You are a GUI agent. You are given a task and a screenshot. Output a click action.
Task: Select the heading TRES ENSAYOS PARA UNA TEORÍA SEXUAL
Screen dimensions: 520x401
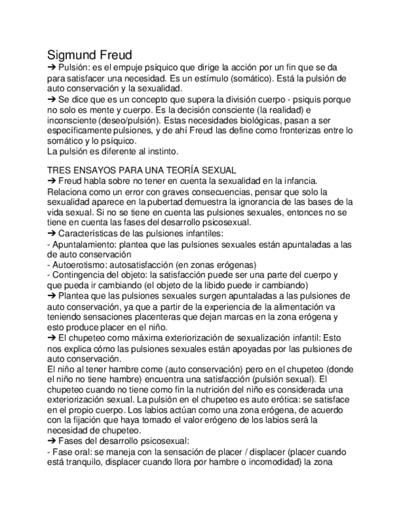tap(141, 169)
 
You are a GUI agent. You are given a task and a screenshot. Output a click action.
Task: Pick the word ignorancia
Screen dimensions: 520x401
tap(275, 201)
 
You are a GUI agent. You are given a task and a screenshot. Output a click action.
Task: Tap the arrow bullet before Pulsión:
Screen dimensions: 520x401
tap(51, 67)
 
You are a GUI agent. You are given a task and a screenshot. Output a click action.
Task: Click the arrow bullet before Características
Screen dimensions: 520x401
tap(51, 233)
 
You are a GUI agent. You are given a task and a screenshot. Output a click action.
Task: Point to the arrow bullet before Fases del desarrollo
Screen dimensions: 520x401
tap(51, 441)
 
